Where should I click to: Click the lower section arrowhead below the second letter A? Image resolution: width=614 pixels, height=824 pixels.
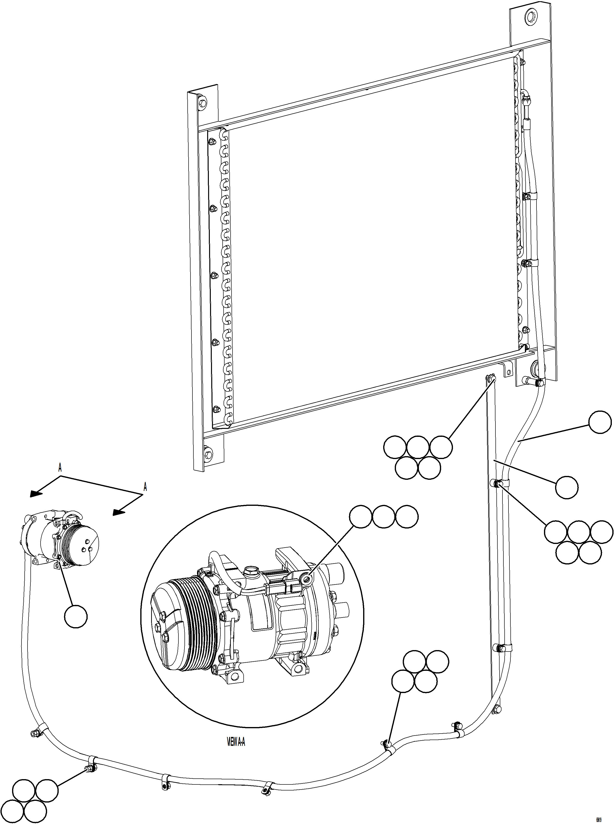[118, 512]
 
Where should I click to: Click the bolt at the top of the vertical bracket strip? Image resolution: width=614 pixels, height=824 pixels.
[491, 379]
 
